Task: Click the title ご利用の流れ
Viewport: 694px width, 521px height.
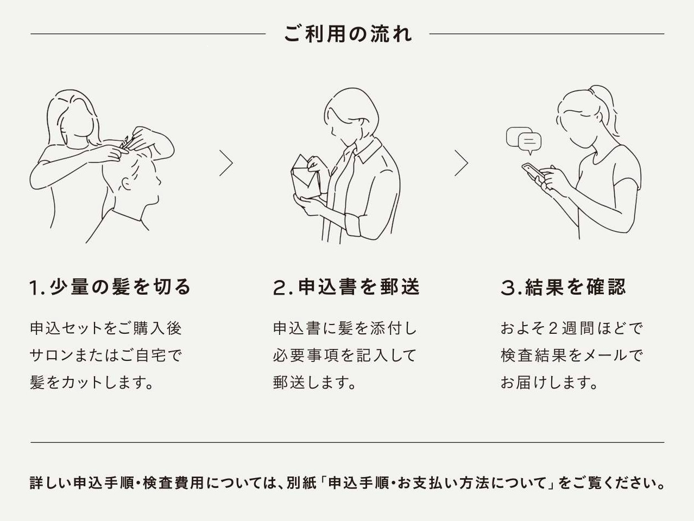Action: coord(348,34)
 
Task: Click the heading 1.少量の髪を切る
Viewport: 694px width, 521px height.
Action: coord(110,287)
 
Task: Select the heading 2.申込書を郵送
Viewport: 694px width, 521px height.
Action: coord(346,287)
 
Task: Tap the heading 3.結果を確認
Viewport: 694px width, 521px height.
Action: coord(563,287)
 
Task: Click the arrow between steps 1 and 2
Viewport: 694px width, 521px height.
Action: coord(226,163)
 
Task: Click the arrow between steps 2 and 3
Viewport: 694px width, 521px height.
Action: coord(461,163)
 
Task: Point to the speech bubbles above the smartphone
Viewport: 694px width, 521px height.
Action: coord(523,139)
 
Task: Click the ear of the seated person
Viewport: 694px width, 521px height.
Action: coord(127,183)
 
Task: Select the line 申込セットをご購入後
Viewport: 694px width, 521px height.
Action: coord(106,328)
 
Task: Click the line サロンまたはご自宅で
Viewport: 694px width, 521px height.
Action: coord(106,355)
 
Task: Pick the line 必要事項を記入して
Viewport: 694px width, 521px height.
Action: coord(344,355)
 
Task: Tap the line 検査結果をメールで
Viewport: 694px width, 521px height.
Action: coord(571,355)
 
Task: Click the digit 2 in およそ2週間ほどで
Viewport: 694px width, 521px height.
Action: coord(553,329)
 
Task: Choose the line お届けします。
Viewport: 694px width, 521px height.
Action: coord(549,383)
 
